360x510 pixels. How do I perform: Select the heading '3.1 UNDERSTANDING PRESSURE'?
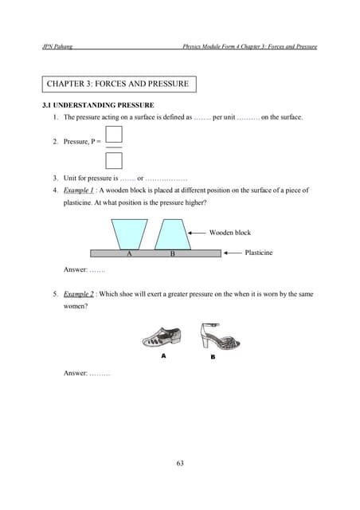pyautogui.click(x=98, y=105)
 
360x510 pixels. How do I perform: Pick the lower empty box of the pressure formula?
pyautogui.click(x=114, y=159)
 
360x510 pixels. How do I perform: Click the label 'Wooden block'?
pyautogui.click(x=229, y=233)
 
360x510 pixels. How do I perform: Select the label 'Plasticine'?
pyautogui.click(x=258, y=253)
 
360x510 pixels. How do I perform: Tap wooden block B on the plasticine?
pyautogui.click(x=170, y=233)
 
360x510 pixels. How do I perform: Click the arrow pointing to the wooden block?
pyautogui.click(x=197, y=233)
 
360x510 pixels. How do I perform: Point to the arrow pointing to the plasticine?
pyautogui.click(x=233, y=253)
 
